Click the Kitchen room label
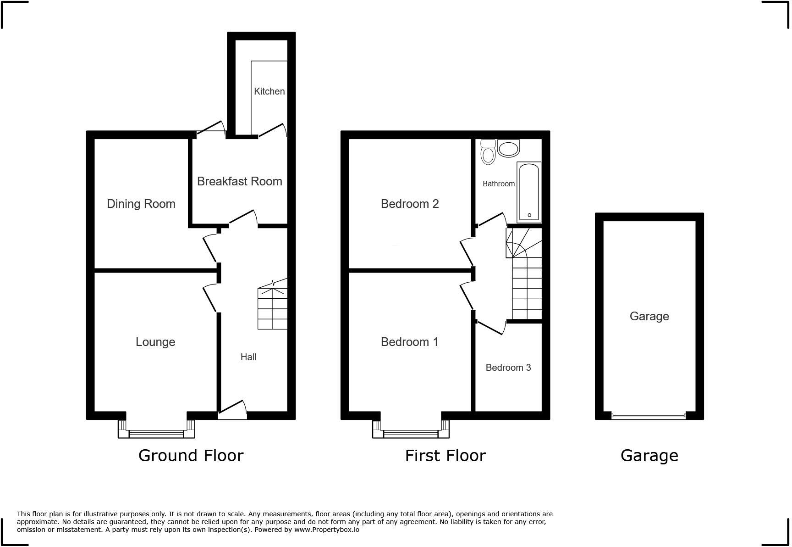[269, 91]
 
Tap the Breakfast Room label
[239, 181]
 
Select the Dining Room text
[141, 204]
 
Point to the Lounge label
[155, 342]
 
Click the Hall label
[248, 357]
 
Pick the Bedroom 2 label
[409, 204]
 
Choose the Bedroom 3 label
[508, 368]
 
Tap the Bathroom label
[498, 184]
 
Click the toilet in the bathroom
[488, 152]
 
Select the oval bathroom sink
[508, 148]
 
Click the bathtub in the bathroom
[529, 192]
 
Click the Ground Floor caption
[191, 456]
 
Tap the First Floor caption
[445, 456]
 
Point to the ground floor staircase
[272, 308]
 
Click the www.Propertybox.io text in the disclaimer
[326, 530]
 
